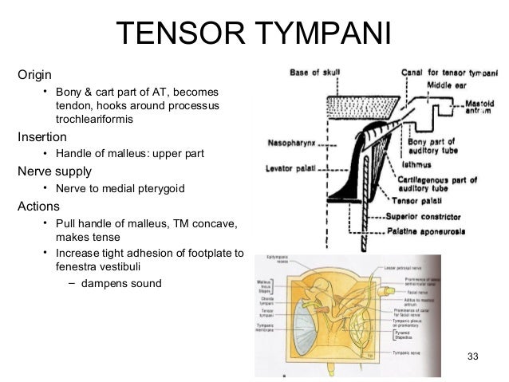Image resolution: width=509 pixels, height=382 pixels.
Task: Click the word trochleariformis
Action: (x=95, y=119)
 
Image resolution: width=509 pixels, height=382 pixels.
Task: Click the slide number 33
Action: (x=472, y=355)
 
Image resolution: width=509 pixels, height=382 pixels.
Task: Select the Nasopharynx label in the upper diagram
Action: (x=291, y=144)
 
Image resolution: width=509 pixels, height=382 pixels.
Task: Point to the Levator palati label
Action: (x=289, y=170)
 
